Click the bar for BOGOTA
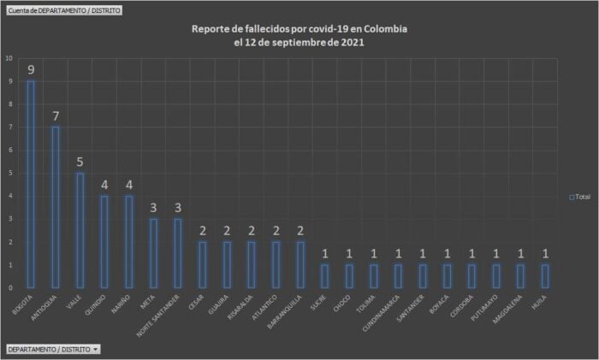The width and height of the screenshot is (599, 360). tap(31, 184)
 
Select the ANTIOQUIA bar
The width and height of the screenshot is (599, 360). tap(56, 207)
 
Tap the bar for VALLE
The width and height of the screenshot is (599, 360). tap(80, 230)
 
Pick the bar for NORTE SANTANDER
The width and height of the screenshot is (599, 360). tap(179, 253)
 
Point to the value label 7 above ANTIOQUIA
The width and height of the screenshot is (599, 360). tap(56, 116)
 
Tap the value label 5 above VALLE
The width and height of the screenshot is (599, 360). tap(80, 162)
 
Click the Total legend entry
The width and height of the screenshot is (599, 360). tap(579, 197)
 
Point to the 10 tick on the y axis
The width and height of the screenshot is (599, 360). tap(9, 58)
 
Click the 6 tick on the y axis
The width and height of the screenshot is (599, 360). tap(9, 150)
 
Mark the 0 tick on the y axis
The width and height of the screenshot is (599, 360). tap(9, 288)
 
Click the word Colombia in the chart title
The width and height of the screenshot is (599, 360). tap(383, 29)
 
